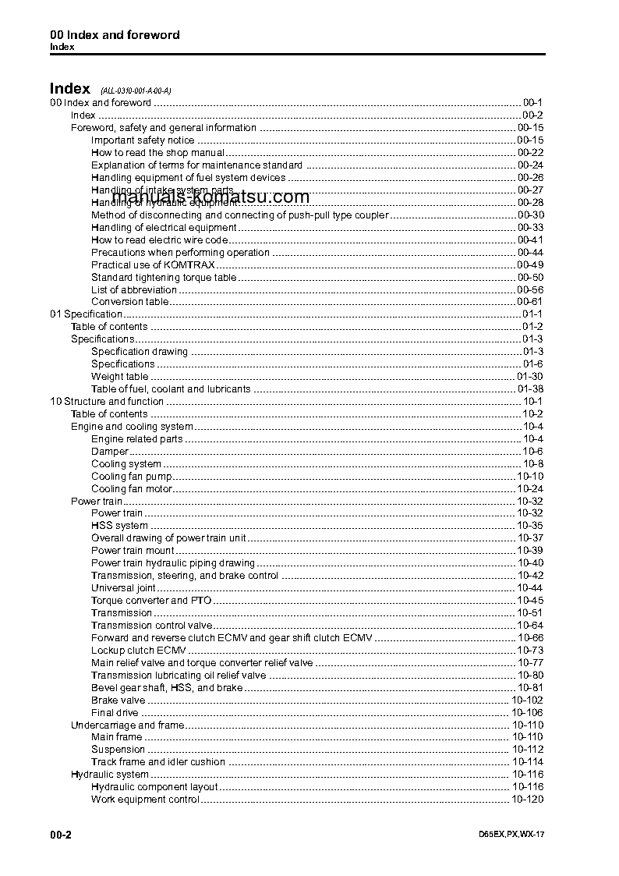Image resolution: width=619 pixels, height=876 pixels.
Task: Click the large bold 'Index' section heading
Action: click(70, 88)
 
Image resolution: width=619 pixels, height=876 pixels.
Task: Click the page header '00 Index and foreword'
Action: click(115, 35)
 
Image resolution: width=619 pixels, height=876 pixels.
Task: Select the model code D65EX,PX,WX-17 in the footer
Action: click(511, 835)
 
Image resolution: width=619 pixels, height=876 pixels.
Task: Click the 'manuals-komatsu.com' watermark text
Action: click(210, 197)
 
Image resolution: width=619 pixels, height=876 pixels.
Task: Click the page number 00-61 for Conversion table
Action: click(530, 302)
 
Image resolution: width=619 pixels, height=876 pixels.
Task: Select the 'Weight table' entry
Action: click(119, 377)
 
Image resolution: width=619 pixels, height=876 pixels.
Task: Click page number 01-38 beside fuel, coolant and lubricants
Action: click(530, 389)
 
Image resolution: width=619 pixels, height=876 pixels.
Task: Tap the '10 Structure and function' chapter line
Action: click(107, 402)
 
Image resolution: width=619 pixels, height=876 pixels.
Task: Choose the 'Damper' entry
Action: click(109, 452)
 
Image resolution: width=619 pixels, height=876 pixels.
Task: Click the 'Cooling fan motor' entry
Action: click(131, 489)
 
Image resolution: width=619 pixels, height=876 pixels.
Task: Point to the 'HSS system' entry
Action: click(119, 526)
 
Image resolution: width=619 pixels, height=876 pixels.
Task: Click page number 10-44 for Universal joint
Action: click(530, 588)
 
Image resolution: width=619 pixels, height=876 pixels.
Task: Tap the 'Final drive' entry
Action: click(115, 713)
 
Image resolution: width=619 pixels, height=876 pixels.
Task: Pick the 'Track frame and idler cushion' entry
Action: click(158, 762)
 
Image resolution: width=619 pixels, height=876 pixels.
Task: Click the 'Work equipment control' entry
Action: click(145, 800)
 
